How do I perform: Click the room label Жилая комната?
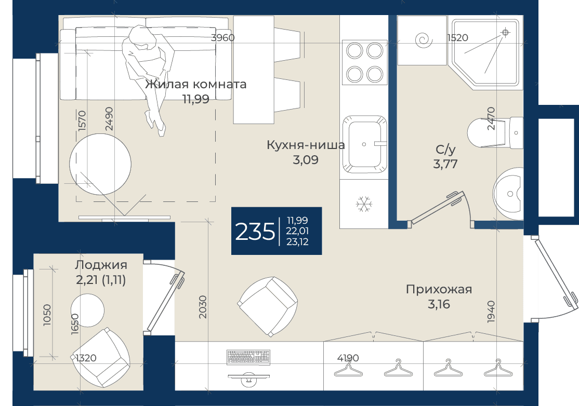pyautogui.click(x=195, y=84)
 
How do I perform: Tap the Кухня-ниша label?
pyautogui.click(x=306, y=145)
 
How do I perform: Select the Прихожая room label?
pyautogui.click(x=439, y=289)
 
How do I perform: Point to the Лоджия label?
pyautogui.click(x=101, y=265)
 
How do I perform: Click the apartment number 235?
pyautogui.click(x=255, y=232)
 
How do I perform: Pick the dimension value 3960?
pyautogui.click(x=222, y=37)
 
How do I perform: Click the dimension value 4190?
pyautogui.click(x=348, y=358)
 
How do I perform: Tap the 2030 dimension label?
pyautogui.click(x=203, y=307)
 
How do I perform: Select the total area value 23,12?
pyautogui.click(x=297, y=242)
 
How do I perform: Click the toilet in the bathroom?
pyautogui.click(x=495, y=133)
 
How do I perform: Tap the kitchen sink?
pyautogui.click(x=364, y=144)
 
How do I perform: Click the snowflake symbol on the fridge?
pyautogui.click(x=364, y=204)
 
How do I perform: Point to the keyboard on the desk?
pyautogui.click(x=248, y=357)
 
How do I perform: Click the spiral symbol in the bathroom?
pyautogui.click(x=423, y=40)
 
